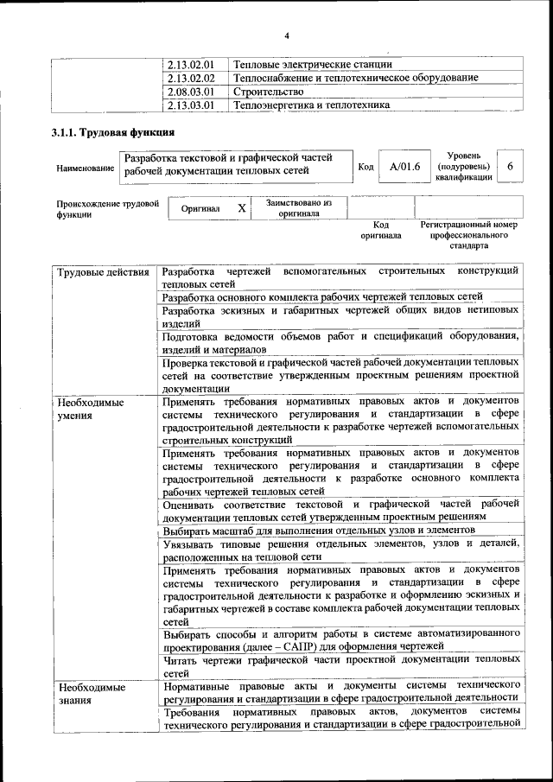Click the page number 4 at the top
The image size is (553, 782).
pyautogui.click(x=287, y=35)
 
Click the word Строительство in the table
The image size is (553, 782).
pyautogui.click(x=268, y=92)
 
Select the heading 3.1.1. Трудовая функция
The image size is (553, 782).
pyautogui.click(x=113, y=133)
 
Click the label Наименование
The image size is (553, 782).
pyautogui.click(x=86, y=168)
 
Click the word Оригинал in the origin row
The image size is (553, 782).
pyautogui.click(x=200, y=209)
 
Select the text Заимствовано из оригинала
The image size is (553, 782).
pyautogui.click(x=299, y=208)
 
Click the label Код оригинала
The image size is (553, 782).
pyautogui.click(x=381, y=229)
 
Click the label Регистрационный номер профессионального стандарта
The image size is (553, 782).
pyautogui.click(x=469, y=234)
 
